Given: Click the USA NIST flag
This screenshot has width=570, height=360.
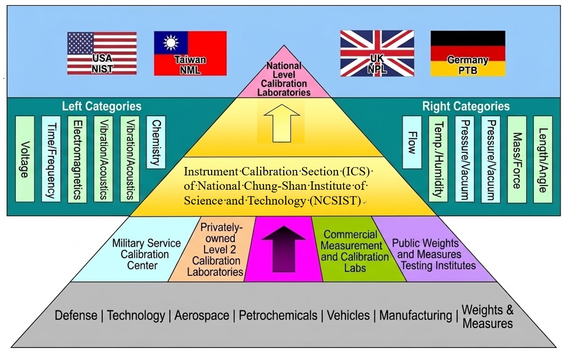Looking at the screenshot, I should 102,53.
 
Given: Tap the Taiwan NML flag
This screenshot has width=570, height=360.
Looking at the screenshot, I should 190,53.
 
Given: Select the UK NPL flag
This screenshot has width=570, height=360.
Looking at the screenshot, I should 377,53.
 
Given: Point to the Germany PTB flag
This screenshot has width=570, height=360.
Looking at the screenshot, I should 468,53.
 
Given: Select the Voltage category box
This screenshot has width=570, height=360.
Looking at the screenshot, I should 25,159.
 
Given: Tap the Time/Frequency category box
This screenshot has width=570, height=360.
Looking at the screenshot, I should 51,159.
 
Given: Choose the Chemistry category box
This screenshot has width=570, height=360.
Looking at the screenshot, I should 156,142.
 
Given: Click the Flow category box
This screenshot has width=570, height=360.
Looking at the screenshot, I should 412,142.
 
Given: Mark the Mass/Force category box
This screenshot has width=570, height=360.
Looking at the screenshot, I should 517,159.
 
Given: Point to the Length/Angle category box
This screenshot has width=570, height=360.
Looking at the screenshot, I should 543,159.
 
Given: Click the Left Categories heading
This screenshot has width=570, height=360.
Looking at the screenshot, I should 101,106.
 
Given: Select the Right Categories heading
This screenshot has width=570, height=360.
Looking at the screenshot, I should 465,106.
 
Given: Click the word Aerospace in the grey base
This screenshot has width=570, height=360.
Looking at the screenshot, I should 201,316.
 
